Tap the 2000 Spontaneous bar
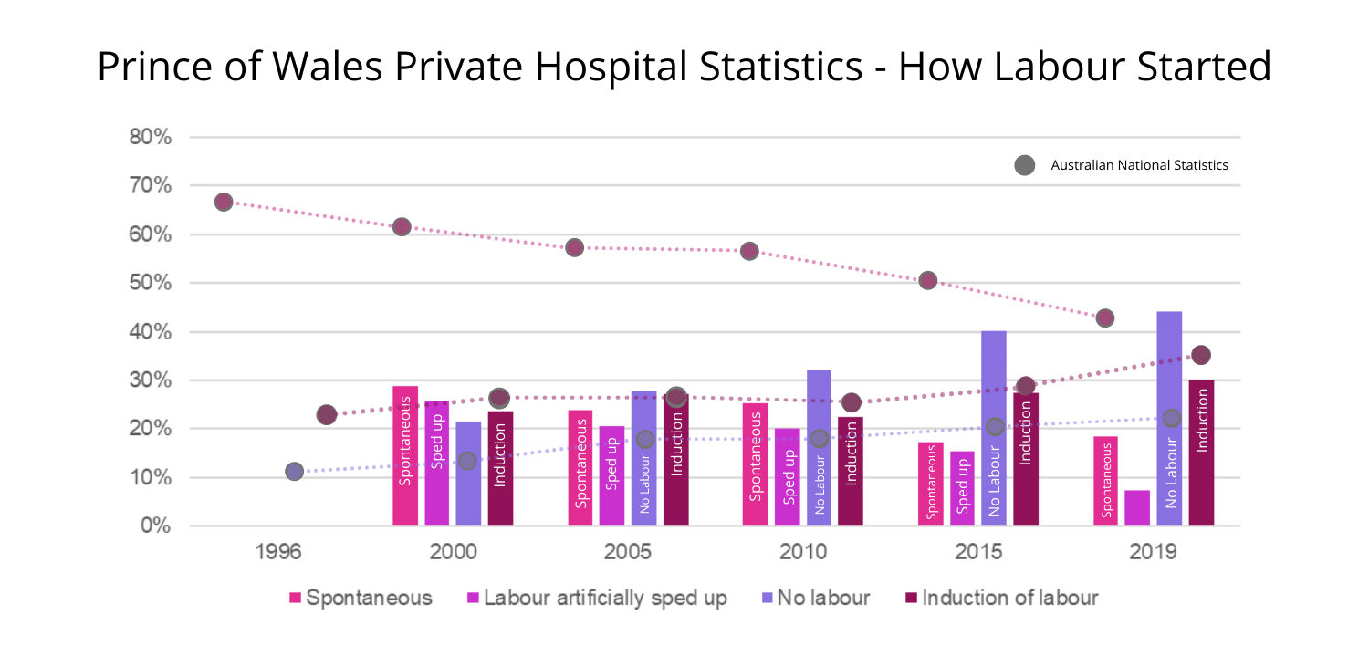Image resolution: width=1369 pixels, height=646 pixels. pos(405,455)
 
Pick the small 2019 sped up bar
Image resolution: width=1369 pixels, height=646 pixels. pos(1137,507)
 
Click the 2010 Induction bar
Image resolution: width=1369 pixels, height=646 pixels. pos(851,471)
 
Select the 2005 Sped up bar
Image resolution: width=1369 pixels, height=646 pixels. pos(611,475)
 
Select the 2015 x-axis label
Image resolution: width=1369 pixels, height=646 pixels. pos(979,552)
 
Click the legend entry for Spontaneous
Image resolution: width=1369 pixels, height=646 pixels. pos(361,599)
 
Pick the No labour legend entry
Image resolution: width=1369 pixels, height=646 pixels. pos(815,599)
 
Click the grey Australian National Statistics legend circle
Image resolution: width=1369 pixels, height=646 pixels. pos(1024,165)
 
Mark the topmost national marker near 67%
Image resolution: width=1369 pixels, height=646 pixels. pos(224,202)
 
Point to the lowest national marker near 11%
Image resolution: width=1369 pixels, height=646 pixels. pos(294,472)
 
